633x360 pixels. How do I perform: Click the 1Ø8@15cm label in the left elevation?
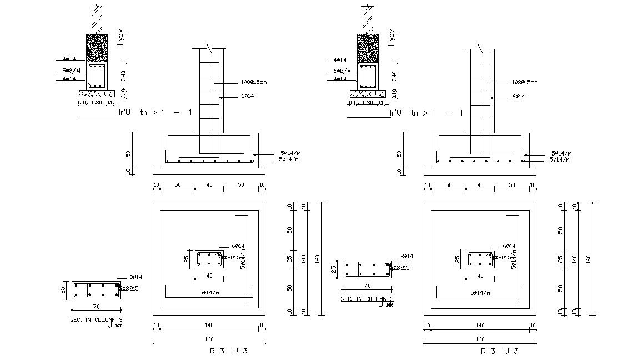254,82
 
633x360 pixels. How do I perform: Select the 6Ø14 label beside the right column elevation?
519,97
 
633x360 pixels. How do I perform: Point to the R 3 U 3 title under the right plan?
500,351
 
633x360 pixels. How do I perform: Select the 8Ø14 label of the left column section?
135,277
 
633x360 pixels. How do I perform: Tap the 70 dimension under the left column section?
96,306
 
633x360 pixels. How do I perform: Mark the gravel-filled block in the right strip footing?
368,48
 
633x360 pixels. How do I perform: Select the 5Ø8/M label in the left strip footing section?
71,71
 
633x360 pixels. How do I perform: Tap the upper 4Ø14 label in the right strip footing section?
340,59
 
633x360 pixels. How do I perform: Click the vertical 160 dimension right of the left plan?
318,259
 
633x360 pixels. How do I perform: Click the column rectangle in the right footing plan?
479,259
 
